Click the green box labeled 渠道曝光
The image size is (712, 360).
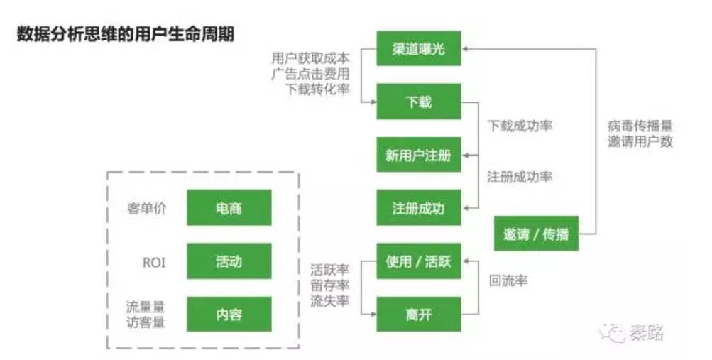click(418, 48)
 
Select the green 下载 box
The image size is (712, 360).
click(418, 102)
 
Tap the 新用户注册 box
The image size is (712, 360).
click(418, 155)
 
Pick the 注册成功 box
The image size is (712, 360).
click(418, 208)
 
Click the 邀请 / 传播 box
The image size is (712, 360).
click(536, 234)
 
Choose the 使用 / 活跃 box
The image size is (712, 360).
click(418, 261)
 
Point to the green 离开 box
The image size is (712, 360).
click(418, 314)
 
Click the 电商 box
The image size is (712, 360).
click(229, 208)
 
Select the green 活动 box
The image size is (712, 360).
click(229, 261)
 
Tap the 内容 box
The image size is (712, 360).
click(229, 314)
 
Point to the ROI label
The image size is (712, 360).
click(153, 262)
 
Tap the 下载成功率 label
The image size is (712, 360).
click(520, 126)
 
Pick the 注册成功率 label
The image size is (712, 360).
click(520, 177)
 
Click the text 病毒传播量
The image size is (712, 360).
click(640, 126)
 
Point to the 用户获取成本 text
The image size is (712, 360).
click(310, 57)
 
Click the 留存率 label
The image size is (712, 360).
click(329, 285)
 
